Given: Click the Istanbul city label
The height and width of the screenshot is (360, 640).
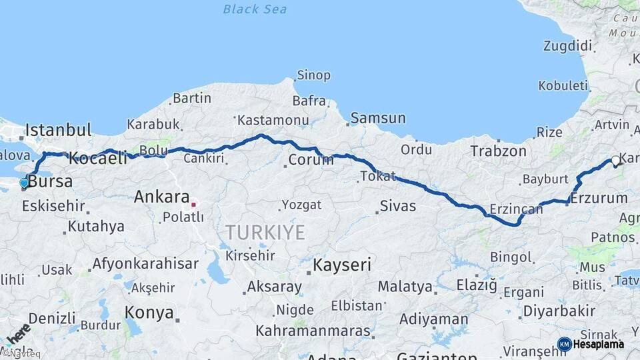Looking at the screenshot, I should tap(58, 129).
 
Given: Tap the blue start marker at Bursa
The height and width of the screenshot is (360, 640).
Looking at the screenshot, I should tap(24, 183).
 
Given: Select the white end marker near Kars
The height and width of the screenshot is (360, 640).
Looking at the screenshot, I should tap(615, 161).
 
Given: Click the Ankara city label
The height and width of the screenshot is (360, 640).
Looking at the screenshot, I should tap(161, 197).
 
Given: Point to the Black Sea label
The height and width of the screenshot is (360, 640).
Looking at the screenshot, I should tap(255, 9).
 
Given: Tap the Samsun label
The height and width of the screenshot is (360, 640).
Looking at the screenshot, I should tap(377, 118).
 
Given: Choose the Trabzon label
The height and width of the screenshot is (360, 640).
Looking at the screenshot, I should tap(498, 151).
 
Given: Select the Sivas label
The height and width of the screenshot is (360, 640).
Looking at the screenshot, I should tap(397, 205).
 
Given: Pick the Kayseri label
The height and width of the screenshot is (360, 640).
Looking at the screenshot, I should tap(342, 265).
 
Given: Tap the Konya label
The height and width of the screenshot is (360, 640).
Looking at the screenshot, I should tap(149, 312).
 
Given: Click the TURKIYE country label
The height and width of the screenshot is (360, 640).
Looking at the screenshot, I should tap(265, 232).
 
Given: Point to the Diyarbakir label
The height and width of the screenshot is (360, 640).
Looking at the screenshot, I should tap(559, 311).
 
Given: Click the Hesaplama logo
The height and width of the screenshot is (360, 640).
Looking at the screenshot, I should tap(591, 344).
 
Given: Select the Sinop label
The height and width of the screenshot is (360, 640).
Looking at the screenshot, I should tap(313, 75).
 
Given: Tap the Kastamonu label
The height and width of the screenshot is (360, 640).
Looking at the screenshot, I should tap(273, 121).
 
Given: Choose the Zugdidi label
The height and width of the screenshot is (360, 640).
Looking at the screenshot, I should tap(567, 46).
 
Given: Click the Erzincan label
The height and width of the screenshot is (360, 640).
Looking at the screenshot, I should tap(516, 209).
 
